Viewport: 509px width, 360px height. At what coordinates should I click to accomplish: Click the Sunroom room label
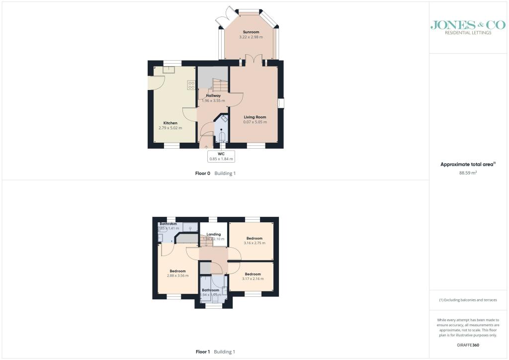pyautogui.click(x=251, y=32)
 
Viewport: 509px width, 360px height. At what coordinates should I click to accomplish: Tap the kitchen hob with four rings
pyautogui.click(x=191, y=85)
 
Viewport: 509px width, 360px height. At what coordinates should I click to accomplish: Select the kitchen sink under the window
pyautogui.click(x=166, y=70)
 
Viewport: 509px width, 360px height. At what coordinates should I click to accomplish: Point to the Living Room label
pyautogui.click(x=255, y=117)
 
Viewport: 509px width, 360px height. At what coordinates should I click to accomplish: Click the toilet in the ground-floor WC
pyautogui.click(x=221, y=137)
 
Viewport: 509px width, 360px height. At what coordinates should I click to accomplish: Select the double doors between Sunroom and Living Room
pyautogui.click(x=254, y=61)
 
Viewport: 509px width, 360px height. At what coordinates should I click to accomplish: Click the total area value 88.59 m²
pyautogui.click(x=467, y=173)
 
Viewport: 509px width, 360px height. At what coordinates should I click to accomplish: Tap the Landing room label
pyautogui.click(x=213, y=234)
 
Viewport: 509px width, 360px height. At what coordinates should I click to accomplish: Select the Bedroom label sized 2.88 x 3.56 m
pyautogui.click(x=177, y=271)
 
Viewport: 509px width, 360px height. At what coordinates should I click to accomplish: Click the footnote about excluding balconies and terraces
pyautogui.click(x=467, y=300)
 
